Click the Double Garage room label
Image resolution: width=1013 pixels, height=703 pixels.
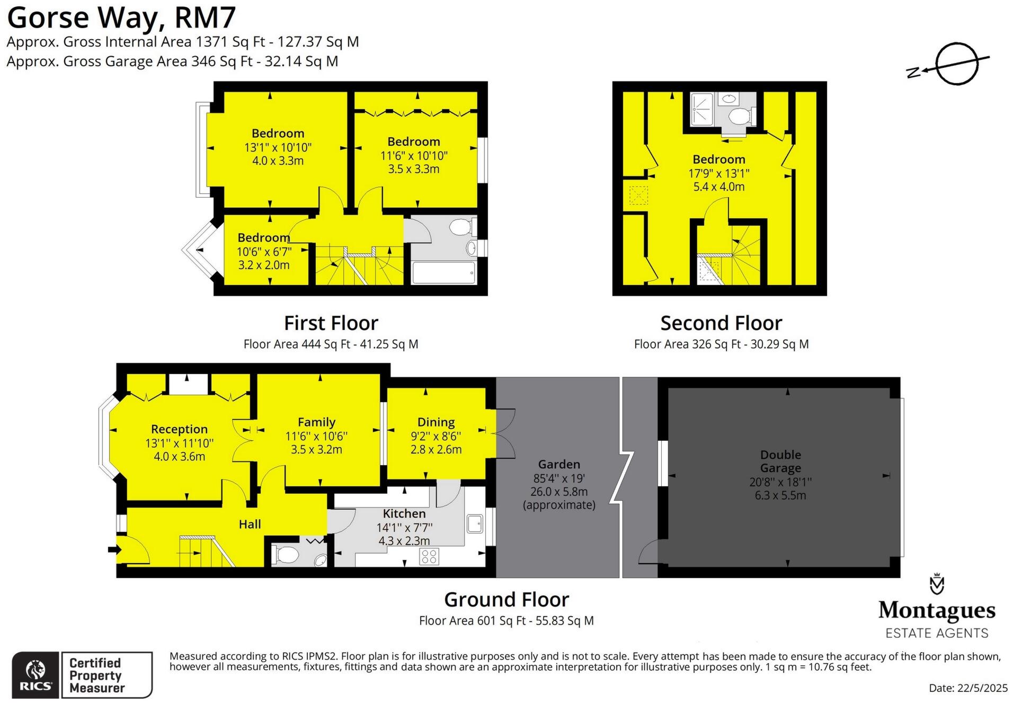coord(780,461)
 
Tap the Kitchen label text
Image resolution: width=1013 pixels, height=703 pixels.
coord(404,513)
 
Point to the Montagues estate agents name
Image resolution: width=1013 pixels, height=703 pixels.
coord(937,610)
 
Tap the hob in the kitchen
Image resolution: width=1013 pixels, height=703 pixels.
coord(429,556)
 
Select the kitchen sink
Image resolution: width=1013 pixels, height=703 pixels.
coord(474,523)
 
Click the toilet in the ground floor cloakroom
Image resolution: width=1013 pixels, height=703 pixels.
coord(286,555)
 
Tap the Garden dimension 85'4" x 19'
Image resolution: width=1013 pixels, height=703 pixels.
coord(559,478)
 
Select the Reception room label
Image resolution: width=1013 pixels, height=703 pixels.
coord(179,429)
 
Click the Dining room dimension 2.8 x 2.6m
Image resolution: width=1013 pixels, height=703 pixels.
coord(436,450)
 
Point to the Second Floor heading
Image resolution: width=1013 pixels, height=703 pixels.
coord(721,323)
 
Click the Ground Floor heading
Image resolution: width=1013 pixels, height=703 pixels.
coord(506,600)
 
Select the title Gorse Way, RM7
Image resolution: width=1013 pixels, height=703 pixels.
coord(121,18)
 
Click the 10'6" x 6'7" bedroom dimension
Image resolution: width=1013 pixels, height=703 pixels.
coord(264,252)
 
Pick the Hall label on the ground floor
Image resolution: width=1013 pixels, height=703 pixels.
coord(250,524)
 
